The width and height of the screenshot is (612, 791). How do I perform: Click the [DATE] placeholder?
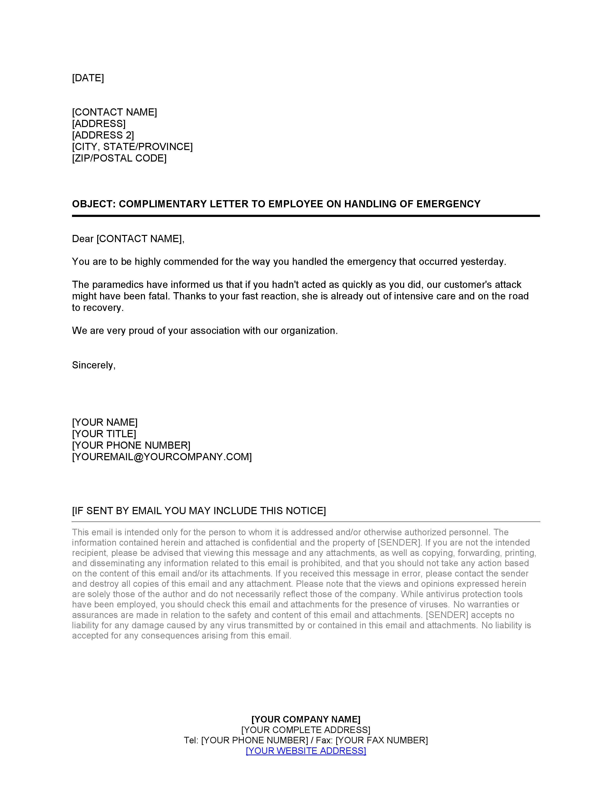click(x=88, y=78)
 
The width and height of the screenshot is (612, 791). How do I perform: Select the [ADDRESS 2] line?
click(x=103, y=135)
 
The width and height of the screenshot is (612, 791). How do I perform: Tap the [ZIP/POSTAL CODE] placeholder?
click(x=119, y=158)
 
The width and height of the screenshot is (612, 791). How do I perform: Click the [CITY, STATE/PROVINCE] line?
click(x=132, y=147)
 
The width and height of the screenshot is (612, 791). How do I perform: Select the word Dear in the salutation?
click(x=83, y=239)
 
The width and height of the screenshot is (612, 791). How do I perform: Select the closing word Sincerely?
click(x=93, y=365)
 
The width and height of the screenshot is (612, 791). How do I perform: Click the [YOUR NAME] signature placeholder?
click(x=105, y=422)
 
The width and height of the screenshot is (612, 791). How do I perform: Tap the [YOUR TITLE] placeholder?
click(x=104, y=434)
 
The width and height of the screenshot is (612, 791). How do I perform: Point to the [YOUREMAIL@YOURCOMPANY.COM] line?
click(x=162, y=457)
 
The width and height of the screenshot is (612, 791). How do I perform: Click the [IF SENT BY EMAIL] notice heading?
click(x=199, y=511)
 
